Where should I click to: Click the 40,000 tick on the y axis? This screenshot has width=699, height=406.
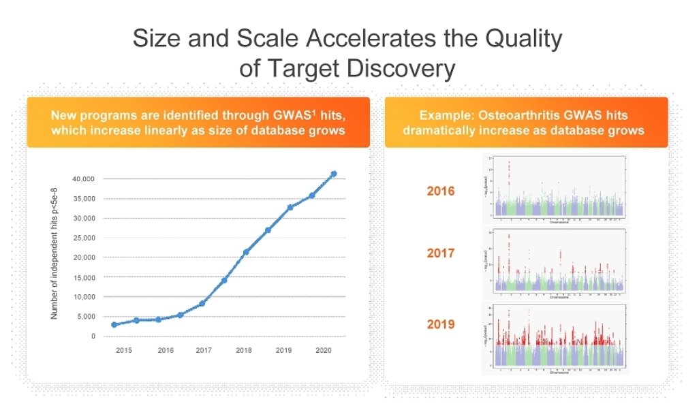[x=84, y=178]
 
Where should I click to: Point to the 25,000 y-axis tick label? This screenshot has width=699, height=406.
[x=84, y=238]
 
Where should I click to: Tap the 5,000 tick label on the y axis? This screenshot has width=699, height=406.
[x=86, y=317]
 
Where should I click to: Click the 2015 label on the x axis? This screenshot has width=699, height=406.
[x=123, y=350]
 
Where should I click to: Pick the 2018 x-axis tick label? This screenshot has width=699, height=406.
[x=244, y=350]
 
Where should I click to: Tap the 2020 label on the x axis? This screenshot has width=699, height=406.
[x=324, y=350]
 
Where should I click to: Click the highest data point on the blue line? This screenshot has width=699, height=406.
[x=334, y=174]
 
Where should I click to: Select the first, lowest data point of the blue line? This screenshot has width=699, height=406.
[x=114, y=325]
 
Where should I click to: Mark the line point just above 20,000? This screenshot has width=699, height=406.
[x=246, y=252]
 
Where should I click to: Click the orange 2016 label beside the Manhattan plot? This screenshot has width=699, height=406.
[x=440, y=191]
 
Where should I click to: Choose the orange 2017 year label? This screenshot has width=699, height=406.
[x=440, y=253]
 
